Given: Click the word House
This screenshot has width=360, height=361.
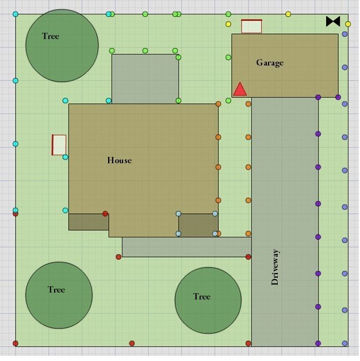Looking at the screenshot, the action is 119,160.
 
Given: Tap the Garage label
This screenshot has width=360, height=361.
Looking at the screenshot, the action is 270,63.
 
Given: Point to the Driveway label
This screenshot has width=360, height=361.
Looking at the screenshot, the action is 275,267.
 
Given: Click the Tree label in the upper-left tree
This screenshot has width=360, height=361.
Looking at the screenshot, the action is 51,36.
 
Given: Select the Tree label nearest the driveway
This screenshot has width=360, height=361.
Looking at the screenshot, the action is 202,297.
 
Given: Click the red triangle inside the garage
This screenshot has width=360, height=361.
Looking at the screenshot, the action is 240,89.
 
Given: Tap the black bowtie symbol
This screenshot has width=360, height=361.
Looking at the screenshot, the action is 333,21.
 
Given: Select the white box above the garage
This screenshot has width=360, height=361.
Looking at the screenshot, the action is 251,26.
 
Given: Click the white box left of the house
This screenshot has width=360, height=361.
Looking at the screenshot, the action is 59,145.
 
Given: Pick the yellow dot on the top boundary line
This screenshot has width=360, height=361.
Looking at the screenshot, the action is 288,14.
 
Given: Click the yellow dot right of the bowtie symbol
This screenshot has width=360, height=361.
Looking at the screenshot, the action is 348,24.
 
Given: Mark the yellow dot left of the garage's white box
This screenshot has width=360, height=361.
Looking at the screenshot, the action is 228,24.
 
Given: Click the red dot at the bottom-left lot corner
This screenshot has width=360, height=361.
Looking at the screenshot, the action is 16,344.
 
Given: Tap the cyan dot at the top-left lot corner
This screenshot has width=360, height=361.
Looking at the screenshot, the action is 16,14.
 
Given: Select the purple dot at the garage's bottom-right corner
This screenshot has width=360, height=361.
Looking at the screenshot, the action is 338,97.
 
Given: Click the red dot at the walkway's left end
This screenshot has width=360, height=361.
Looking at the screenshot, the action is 118,257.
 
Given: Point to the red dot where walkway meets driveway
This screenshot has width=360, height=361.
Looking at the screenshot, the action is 248,257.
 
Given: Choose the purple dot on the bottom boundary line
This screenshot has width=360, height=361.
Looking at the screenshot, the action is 318,344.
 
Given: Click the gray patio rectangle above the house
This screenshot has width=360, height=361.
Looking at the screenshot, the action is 145,79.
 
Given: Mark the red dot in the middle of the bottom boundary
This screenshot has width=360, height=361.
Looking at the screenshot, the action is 132,344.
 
